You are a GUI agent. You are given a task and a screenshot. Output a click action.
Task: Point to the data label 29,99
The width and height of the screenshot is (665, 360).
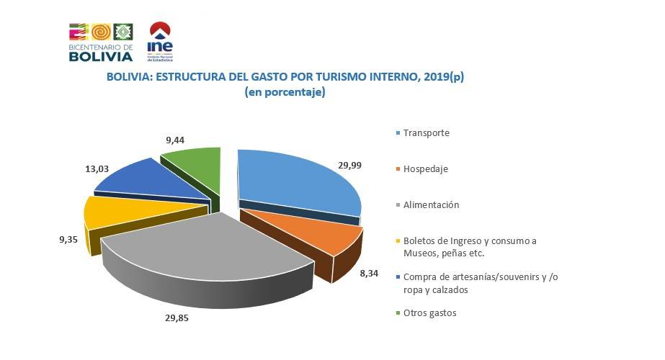coord(350,165)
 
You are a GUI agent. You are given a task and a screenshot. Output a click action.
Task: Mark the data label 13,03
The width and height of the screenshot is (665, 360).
coord(96,168)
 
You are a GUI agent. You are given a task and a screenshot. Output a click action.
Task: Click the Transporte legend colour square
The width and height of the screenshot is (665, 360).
coord(398,133)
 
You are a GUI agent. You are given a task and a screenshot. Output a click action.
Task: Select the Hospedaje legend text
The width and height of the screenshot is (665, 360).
coord(426,169)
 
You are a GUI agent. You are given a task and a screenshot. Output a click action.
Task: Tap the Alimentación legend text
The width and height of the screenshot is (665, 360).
coord(432,205)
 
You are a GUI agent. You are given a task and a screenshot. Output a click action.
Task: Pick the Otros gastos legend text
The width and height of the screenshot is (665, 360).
coord(430,312)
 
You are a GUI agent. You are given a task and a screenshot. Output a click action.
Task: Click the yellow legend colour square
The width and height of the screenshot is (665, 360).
coord(398,241)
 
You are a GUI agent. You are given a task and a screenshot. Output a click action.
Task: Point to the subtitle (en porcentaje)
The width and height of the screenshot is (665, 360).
coord(285,92)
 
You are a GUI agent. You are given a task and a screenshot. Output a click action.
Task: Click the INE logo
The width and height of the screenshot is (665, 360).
coord(159,41)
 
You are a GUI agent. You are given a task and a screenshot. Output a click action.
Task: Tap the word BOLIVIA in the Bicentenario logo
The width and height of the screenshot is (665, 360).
coord(101,57)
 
